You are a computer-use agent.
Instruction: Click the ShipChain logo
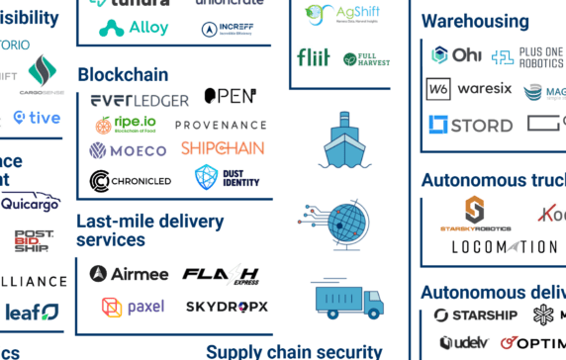[x=223, y=148]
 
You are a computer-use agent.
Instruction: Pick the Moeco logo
[x=129, y=151]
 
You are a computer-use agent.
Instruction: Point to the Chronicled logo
[x=130, y=181]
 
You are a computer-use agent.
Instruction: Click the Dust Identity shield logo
[x=206, y=177]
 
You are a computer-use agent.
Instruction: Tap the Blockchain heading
[x=123, y=74]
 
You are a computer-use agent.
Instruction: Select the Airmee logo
[x=128, y=274]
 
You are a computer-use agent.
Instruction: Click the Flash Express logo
[x=222, y=274]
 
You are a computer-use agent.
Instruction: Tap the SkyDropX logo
[x=227, y=307]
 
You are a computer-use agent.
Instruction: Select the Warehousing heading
[x=474, y=21]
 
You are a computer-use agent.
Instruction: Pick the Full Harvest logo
[x=365, y=58]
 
